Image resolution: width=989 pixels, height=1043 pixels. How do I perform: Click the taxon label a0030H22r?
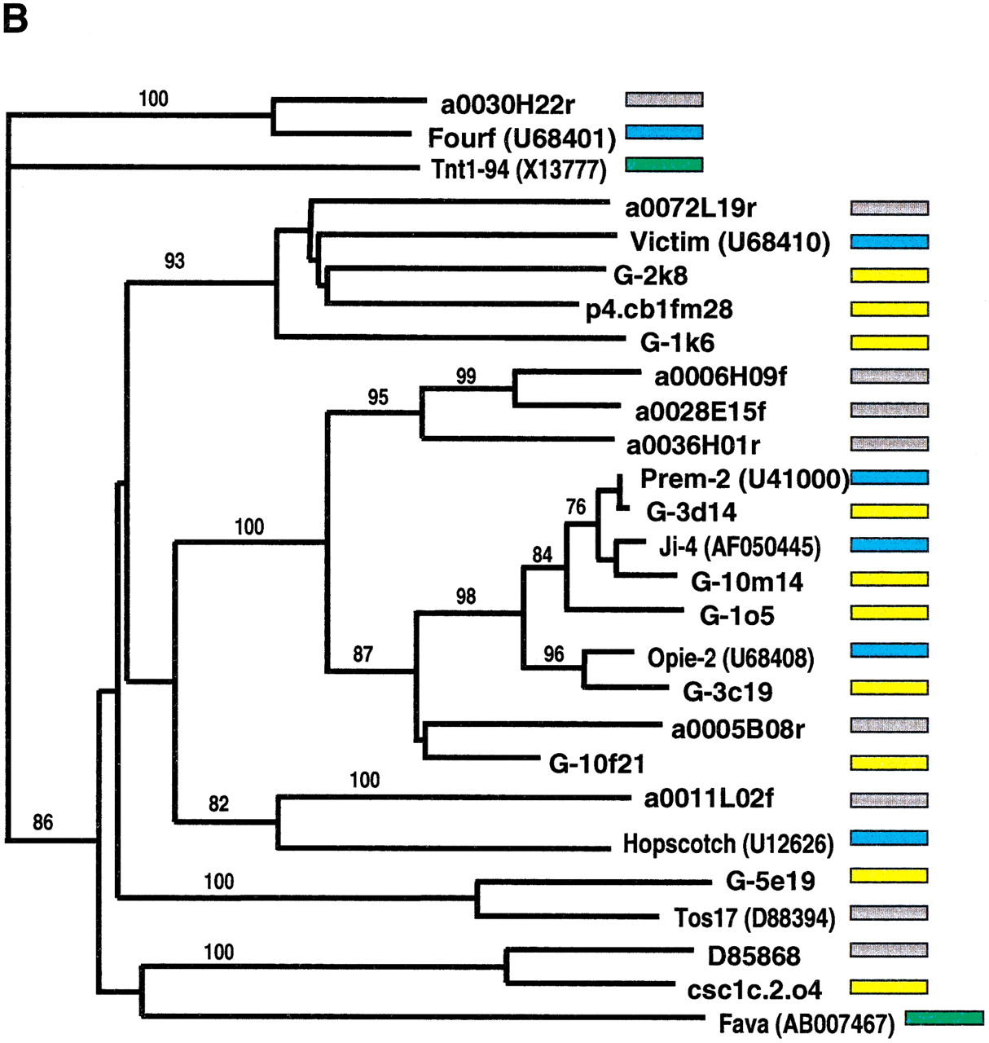click(x=508, y=105)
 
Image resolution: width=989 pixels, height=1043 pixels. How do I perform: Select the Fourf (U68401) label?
click(x=521, y=139)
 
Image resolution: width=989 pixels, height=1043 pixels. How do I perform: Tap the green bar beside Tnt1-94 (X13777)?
click(x=664, y=165)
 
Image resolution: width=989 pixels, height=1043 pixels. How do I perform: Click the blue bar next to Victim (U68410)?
click(x=889, y=241)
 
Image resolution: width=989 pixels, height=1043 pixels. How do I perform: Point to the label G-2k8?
click(x=650, y=275)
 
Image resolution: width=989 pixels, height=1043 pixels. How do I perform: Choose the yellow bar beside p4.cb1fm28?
click(x=889, y=309)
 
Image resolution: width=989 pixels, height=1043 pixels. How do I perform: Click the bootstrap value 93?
click(x=174, y=261)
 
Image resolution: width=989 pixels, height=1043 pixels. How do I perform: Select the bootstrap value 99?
click(x=466, y=376)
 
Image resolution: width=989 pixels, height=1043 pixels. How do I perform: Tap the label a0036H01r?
click(x=693, y=445)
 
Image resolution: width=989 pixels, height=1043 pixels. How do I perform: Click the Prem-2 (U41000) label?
click(x=745, y=478)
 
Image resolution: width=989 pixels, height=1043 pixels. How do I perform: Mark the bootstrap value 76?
click(x=576, y=507)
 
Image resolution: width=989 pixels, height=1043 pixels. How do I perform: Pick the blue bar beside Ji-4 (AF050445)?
click(x=889, y=544)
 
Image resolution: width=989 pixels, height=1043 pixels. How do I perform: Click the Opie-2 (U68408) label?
click(x=731, y=658)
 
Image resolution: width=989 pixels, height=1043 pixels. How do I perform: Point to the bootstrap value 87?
click(x=363, y=654)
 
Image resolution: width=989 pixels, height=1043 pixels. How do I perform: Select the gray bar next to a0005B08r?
click(x=889, y=724)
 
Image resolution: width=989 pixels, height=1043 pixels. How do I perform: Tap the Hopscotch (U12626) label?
click(x=728, y=843)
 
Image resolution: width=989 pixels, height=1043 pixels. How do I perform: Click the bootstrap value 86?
click(x=43, y=822)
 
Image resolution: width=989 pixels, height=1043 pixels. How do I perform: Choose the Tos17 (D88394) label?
click(x=754, y=918)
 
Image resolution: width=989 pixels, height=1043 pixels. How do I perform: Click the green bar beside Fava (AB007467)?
click(x=944, y=1018)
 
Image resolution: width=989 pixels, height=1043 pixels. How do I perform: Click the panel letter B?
click(x=15, y=18)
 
